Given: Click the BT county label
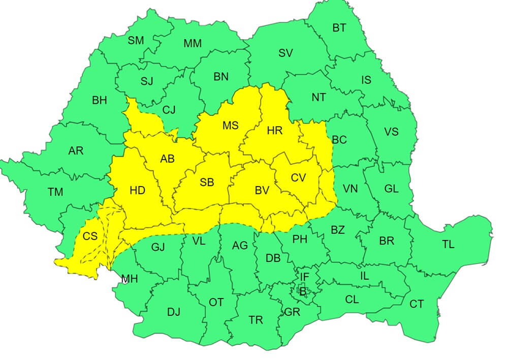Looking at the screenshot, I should pos(339,28).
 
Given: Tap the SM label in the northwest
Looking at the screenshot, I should pos(136,41).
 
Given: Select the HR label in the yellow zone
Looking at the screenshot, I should pos(274,131).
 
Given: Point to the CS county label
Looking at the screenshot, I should pos(90,236).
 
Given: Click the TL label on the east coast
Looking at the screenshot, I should pos(448,244).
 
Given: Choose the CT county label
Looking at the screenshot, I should pos(417,304).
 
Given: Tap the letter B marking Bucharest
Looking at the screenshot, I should pos(303,292).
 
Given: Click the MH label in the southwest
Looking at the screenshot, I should pos(129,279).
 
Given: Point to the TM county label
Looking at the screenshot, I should pos(55,192).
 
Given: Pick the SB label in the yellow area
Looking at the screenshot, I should pos(207,182).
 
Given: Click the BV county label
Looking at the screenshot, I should pos(262,191).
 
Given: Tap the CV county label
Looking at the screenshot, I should pos(299,177).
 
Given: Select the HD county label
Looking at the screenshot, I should pos(137,191).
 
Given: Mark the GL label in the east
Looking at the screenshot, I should pos(391,189).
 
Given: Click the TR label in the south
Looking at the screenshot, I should pos(256,320).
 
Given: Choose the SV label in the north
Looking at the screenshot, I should pos(285,52).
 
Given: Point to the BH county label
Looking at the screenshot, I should pos(100,100).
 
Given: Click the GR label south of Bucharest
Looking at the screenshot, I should pos(293,312).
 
